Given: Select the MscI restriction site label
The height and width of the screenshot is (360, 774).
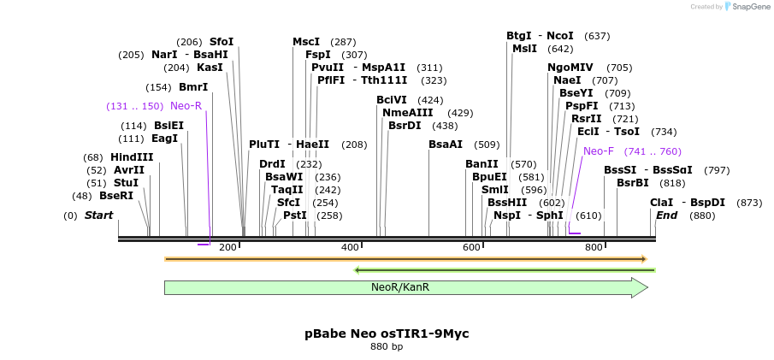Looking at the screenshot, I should [306, 42].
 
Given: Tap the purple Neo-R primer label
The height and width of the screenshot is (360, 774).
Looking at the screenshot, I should [186, 106].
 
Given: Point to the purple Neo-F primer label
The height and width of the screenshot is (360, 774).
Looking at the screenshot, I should [599, 151].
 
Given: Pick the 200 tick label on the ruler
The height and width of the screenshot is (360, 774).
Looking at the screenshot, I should [227, 248].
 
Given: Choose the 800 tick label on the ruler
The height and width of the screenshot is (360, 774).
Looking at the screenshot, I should [594, 248].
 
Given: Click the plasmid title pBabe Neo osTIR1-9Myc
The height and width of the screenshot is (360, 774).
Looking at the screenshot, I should [387, 333].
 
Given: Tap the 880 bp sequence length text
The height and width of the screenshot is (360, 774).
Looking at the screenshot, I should [387, 347].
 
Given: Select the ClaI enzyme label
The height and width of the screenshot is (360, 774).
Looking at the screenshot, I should [662, 203].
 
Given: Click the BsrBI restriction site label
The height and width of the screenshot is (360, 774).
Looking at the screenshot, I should [633, 183].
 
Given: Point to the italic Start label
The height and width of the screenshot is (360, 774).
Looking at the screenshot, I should [98, 215].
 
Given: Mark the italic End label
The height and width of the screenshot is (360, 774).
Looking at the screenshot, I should [667, 215].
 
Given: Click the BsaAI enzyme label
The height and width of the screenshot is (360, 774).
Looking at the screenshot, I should [446, 145].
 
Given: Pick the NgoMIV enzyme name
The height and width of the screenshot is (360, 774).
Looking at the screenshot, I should [570, 68].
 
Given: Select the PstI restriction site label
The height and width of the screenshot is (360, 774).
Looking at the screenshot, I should [295, 215].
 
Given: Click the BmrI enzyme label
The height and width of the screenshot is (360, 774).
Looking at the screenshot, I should [193, 87].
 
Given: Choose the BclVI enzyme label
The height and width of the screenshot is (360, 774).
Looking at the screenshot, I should [392, 100].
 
